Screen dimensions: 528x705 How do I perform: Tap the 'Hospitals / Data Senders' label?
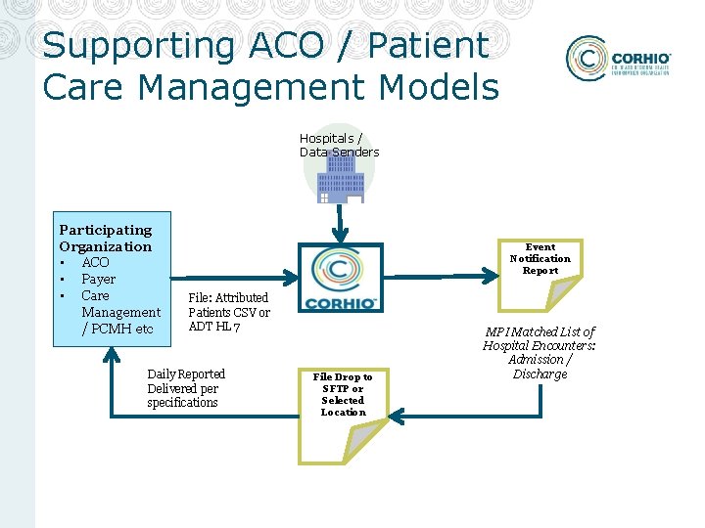[339, 145]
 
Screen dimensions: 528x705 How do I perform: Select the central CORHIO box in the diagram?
[339, 277]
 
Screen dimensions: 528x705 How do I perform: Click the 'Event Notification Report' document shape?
[540, 274]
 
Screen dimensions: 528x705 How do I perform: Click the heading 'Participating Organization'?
[106, 238]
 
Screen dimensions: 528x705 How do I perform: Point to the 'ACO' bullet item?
[96, 262]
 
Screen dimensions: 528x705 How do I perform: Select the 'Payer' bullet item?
[99, 279]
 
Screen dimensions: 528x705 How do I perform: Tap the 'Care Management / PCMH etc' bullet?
[119, 312]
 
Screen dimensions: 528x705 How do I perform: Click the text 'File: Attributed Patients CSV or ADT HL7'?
[229, 312]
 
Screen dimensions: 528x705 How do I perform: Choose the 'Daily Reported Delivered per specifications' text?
[186, 388]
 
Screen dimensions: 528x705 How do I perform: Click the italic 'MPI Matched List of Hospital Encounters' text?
[540, 353]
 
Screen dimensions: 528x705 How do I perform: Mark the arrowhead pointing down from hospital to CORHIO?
[340, 238]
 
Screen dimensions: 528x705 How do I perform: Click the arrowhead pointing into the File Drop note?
[400, 415]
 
